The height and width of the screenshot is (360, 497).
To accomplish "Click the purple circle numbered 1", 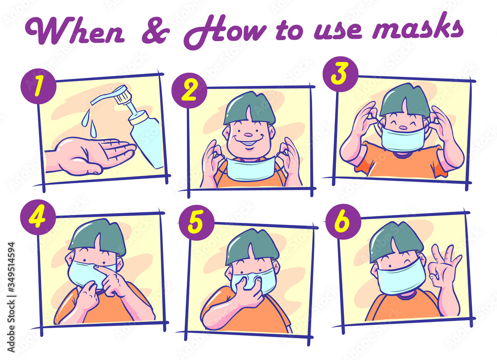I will click(x=38, y=85).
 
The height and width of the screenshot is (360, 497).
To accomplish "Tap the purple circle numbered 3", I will click(x=340, y=74).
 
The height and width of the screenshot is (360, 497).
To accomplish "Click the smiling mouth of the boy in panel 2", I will click(x=249, y=142).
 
